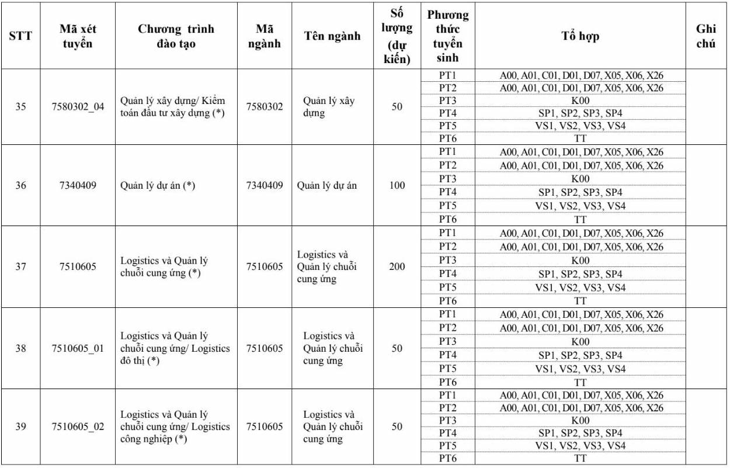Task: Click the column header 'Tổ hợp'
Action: pos(580,36)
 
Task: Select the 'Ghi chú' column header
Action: pos(706,36)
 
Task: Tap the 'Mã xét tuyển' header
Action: pos(78,36)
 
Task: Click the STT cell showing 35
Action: pos(20,107)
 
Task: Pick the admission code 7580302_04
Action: pos(78,107)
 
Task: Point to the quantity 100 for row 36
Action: pos(397,186)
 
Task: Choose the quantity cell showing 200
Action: pos(397,267)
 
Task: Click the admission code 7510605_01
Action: pos(78,348)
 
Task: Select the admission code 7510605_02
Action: pos(78,427)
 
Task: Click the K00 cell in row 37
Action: pos(580,261)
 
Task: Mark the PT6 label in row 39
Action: pos(447,459)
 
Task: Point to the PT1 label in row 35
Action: pos(447,75)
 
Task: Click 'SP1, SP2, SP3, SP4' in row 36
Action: pos(580,192)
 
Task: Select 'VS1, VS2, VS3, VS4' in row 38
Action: pos(580,369)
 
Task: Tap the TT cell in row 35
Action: pos(580,138)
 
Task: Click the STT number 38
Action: pos(20,348)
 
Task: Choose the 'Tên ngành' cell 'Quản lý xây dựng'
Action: pos(328,107)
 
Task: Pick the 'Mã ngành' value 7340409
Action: pos(265,186)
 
